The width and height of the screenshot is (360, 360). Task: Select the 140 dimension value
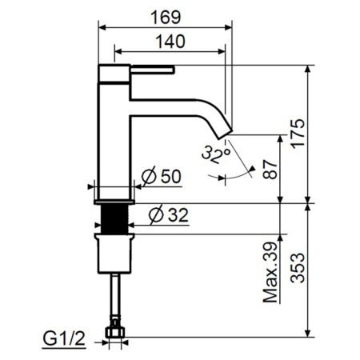pos(167,41)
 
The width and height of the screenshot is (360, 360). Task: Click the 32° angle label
pos(216,153)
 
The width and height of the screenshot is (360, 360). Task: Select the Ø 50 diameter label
pos(164,176)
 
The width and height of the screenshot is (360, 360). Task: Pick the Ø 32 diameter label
pos(170,214)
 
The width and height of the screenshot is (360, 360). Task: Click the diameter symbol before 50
pos(147,176)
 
